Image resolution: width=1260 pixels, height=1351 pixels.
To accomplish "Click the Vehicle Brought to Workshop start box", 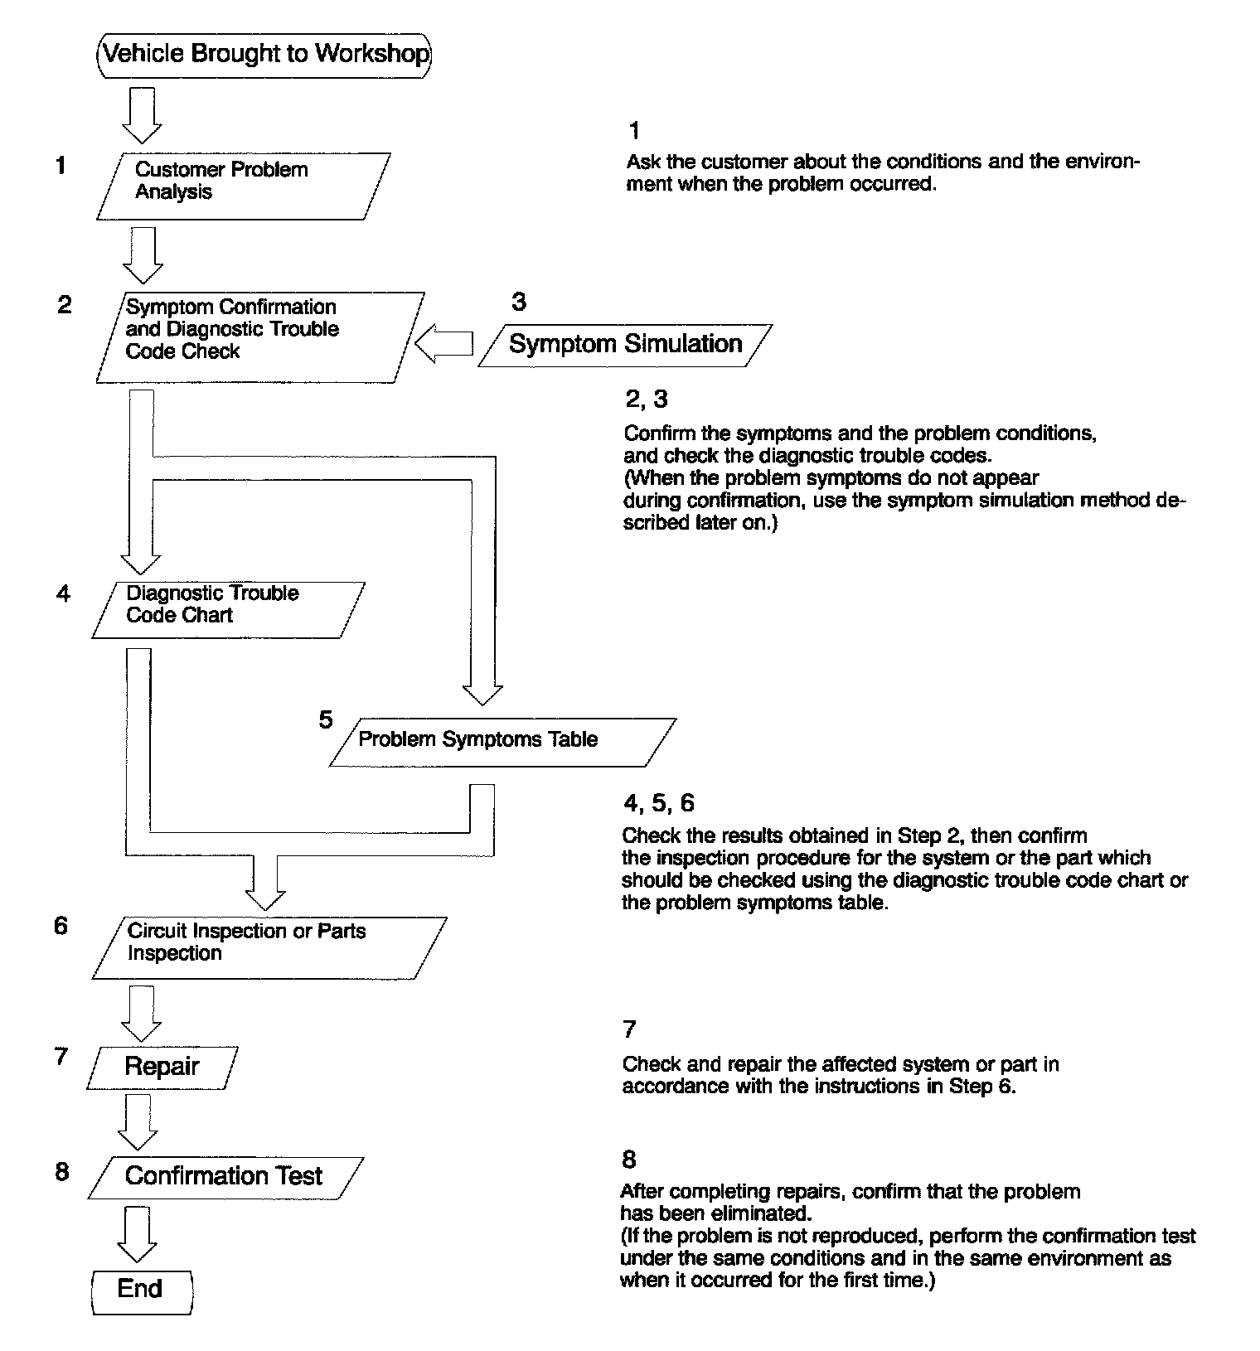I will [x=264, y=55].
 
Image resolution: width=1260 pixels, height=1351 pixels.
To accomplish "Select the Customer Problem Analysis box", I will [x=242, y=186].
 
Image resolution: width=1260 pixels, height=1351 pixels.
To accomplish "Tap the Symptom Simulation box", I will [x=625, y=344].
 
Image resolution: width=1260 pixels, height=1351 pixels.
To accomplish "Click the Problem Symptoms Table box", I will [x=502, y=741].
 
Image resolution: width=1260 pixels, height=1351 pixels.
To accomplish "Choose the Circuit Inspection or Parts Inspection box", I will [x=269, y=947].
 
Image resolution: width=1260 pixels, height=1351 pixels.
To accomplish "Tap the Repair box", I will [x=162, y=1067].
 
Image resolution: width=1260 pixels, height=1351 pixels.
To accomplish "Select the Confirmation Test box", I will [x=225, y=1177].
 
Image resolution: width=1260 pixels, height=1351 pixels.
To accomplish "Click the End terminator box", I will [x=141, y=1290].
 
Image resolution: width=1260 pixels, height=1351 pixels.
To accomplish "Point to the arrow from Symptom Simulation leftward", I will [x=443, y=344].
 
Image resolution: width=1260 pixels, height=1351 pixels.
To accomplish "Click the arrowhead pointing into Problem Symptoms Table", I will [x=482, y=693].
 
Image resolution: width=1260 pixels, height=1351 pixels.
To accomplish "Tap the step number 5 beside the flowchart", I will [x=326, y=719].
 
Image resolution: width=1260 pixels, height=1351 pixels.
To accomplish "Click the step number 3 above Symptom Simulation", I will [x=519, y=302].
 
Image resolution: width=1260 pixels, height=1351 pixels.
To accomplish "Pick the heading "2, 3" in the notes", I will [x=646, y=399].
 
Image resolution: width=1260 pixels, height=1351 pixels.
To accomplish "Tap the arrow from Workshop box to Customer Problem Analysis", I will [x=142, y=114].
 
